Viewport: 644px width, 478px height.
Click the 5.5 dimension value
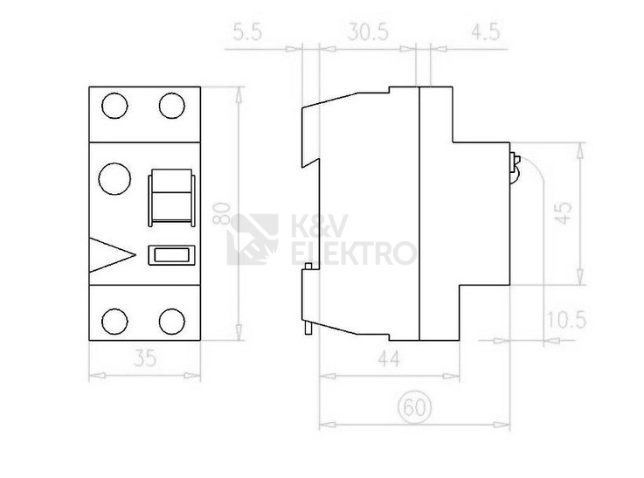[x=247, y=32]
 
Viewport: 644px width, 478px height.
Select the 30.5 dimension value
[x=368, y=32]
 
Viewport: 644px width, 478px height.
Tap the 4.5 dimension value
[x=486, y=32]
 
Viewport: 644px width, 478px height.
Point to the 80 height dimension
[x=221, y=213]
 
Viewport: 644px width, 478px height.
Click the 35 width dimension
[x=145, y=357]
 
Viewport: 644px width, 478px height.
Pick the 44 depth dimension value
[x=389, y=358]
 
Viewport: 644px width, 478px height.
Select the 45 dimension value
[x=564, y=212]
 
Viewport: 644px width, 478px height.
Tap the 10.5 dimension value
[x=566, y=320]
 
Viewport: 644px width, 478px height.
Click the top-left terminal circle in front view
[x=114, y=106]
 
